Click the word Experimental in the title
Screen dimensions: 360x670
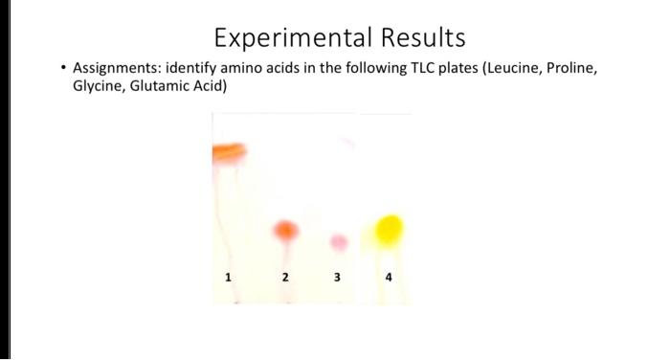tap(289, 37)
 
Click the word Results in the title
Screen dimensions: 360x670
tap(419, 37)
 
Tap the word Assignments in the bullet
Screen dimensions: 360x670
tap(115, 69)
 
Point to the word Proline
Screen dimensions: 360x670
tap(569, 69)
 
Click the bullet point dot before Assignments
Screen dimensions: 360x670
tap(63, 69)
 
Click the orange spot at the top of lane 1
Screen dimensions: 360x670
tap(230, 150)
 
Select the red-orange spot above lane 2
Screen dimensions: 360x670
tap(285, 230)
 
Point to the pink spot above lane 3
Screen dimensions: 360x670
tap(339, 241)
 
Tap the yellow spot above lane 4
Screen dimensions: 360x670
tap(389, 229)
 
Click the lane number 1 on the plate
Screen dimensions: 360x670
tap(228, 277)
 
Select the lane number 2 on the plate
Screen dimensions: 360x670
tap(285, 277)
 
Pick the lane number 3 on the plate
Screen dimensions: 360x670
tap(337, 277)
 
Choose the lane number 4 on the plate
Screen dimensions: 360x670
tap(389, 277)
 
